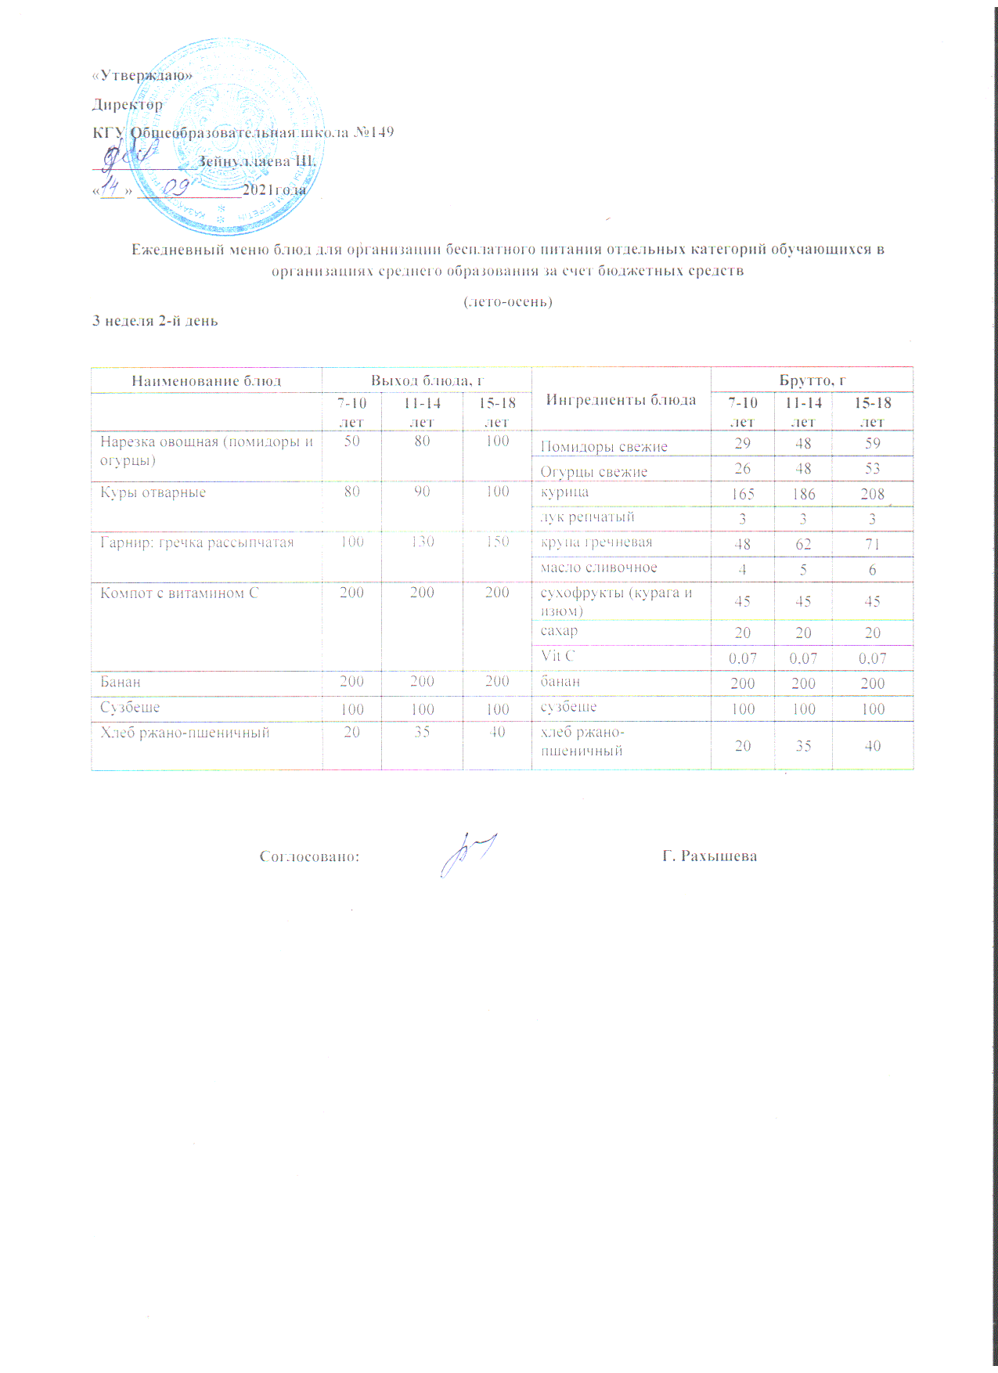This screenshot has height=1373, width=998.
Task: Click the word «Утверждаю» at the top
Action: [x=142, y=76]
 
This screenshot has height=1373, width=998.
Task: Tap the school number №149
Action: [x=374, y=132]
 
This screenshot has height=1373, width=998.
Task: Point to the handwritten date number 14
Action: [x=114, y=189]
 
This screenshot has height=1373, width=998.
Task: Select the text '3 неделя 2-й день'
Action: [x=155, y=321]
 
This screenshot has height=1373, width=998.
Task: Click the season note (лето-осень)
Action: [x=509, y=301]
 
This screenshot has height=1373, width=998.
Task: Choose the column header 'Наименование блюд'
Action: [x=206, y=381]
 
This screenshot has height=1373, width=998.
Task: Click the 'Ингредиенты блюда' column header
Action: [x=621, y=400]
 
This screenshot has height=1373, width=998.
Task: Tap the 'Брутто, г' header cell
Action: [x=812, y=380]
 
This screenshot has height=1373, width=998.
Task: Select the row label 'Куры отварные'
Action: [x=153, y=492]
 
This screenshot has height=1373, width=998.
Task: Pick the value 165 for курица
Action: [x=742, y=495]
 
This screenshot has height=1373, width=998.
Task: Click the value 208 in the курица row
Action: [x=872, y=495]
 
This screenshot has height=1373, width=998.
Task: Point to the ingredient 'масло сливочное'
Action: [x=599, y=568]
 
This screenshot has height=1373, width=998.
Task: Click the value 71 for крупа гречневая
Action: [x=872, y=545]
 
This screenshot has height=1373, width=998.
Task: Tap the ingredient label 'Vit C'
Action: [x=557, y=656]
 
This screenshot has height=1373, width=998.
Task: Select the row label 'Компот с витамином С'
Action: [x=178, y=593]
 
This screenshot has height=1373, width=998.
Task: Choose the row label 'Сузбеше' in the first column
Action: [x=130, y=707]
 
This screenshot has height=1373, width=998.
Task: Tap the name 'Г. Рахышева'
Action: [x=709, y=856]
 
